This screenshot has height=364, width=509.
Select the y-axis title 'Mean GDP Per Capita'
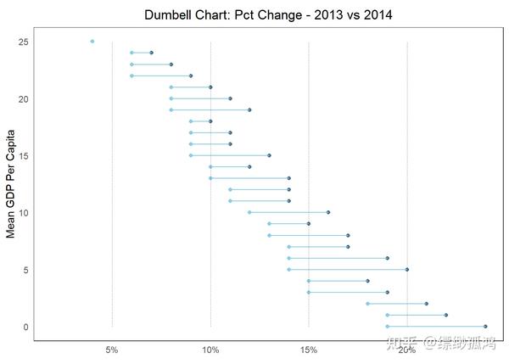coord(12,184)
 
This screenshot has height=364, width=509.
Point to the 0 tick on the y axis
coord(26,327)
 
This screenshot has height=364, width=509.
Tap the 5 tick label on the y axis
coord(26,270)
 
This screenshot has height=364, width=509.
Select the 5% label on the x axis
coord(112,350)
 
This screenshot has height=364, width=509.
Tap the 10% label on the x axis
coord(210,350)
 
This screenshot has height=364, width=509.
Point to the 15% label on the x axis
coord(309,350)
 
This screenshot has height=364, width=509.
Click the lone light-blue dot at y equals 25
coord(92,41)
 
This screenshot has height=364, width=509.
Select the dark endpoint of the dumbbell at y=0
coord(485,326)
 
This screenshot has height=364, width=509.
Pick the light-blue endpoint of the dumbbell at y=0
coord(387,326)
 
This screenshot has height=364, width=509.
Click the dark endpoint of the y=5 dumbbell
coord(407,269)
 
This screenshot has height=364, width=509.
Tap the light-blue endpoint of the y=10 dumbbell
coord(249,212)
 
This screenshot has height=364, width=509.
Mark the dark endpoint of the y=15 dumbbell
coord(269,155)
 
